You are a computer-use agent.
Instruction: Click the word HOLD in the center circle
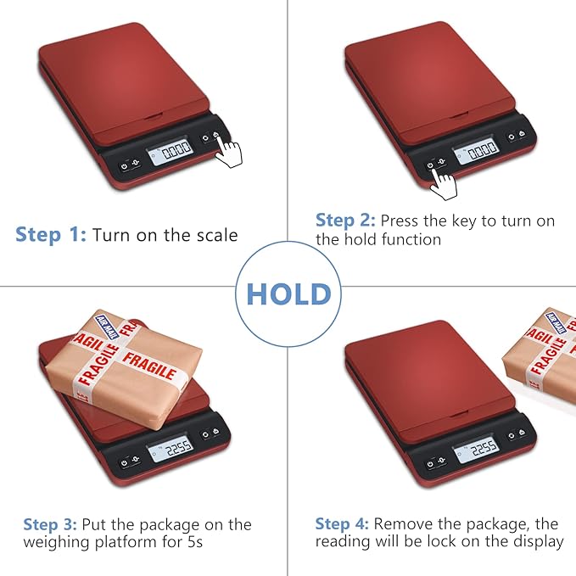click(288, 294)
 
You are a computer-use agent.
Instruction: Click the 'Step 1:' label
click(50, 235)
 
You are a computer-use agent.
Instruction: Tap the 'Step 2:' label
click(345, 221)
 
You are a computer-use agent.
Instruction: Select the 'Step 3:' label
click(52, 524)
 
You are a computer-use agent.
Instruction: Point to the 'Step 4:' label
click(342, 524)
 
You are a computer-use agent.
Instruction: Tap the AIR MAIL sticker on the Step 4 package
click(557, 321)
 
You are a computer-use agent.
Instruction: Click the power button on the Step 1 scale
click(125, 167)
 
